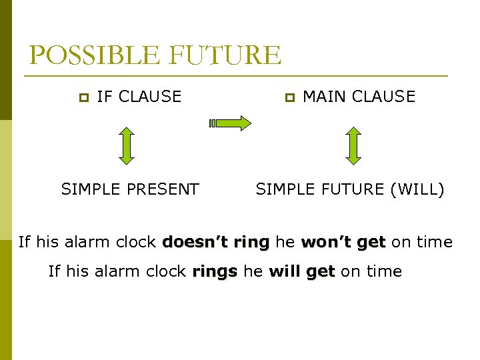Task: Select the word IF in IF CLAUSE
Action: (104, 97)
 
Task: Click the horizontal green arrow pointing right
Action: (230, 123)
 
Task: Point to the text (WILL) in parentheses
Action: (417, 189)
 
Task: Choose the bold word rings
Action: (215, 271)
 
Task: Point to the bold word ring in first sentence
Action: (251, 241)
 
